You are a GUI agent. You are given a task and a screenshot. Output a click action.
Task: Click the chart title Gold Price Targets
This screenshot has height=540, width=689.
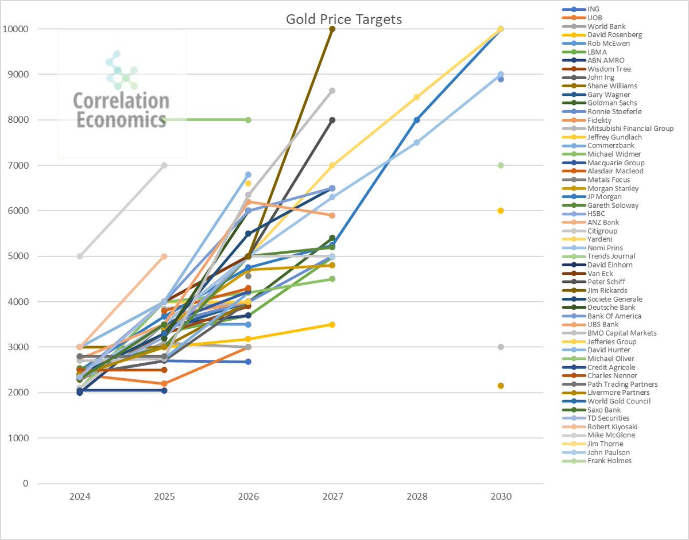pyautogui.click(x=344, y=19)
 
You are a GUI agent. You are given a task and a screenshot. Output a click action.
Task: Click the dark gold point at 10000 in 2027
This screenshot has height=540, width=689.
pyautogui.click(x=332, y=29)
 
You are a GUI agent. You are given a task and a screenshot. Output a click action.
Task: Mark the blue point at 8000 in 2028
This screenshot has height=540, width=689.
pyautogui.click(x=416, y=120)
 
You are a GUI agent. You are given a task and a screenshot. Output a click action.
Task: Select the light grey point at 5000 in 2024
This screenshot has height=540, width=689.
pyautogui.click(x=79, y=256)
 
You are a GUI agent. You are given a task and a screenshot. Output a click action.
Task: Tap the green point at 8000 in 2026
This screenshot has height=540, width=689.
pyautogui.click(x=248, y=120)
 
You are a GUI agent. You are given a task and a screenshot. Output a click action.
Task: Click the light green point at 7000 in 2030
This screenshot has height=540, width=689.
pyautogui.click(x=501, y=165)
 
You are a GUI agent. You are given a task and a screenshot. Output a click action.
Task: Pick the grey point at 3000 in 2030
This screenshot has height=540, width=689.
pyautogui.click(x=501, y=347)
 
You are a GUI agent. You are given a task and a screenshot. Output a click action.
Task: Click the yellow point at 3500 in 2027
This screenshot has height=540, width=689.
pyautogui.click(x=332, y=324)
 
